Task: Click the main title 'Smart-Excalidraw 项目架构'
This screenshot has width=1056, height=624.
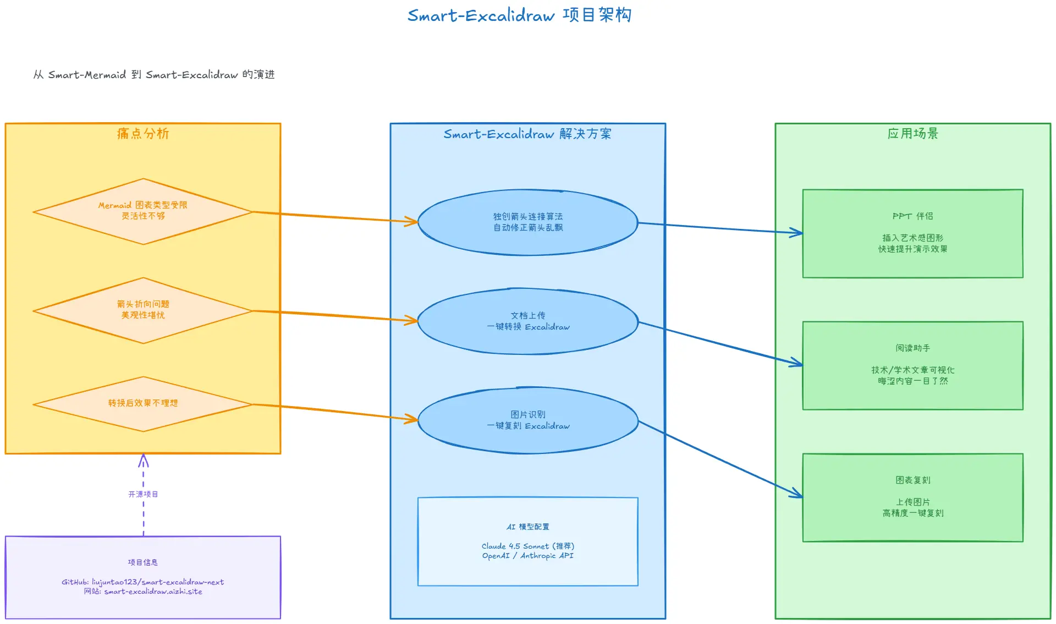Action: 519,15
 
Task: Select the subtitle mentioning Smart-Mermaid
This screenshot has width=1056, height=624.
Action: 154,74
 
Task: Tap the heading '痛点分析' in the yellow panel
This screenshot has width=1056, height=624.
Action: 143,134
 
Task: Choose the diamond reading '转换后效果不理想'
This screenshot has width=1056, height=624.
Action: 143,403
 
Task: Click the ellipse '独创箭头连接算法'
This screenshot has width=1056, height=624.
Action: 528,222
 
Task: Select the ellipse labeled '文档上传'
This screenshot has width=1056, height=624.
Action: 528,321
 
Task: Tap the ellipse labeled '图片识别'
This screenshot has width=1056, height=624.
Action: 528,420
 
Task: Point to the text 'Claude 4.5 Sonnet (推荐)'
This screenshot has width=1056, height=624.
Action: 528,546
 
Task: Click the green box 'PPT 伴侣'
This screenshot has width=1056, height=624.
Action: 913,233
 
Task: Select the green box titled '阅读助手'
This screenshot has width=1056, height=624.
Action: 913,365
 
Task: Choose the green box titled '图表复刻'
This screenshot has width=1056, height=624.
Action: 913,497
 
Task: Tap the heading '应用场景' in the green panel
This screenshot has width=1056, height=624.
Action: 913,134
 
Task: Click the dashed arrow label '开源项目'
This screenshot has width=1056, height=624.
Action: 143,494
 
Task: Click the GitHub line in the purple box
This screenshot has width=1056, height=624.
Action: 143,582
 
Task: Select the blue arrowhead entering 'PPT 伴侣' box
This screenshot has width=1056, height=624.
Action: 798,233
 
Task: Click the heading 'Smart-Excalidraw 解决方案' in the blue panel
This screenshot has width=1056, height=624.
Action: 527,134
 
